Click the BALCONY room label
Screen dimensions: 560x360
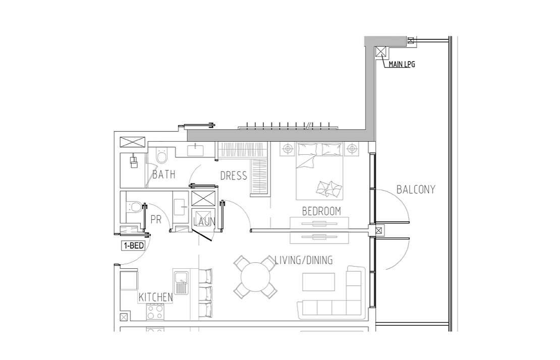point(416,190)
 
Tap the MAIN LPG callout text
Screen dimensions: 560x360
point(402,65)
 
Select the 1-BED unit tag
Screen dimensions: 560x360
point(133,246)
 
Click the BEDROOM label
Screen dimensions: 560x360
point(321,211)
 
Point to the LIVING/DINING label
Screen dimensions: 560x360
point(304,260)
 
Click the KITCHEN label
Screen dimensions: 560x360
point(156,297)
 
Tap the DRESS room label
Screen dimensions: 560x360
point(234,175)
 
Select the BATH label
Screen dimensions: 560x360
point(164,174)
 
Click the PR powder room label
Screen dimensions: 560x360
point(156,219)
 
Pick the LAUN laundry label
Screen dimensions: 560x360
point(204,222)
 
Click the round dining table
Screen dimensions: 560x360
point(255,277)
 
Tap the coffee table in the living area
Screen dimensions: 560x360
point(318,282)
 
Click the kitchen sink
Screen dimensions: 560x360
point(182,282)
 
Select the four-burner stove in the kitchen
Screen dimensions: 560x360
point(155,312)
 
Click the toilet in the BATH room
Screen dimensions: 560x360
point(162,156)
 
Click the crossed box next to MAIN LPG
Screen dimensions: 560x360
point(381,52)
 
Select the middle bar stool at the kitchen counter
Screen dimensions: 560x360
point(205,293)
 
